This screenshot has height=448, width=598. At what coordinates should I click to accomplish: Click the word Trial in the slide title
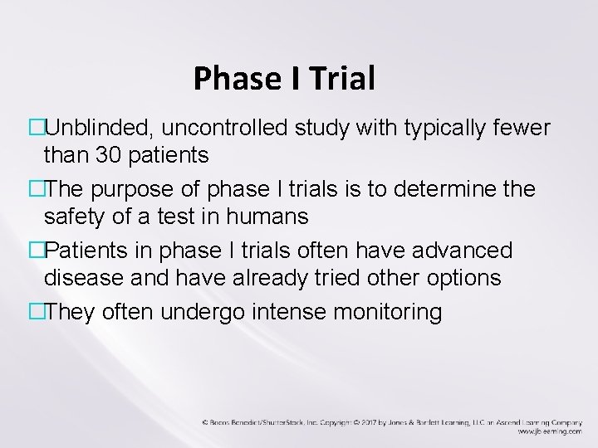coord(343,79)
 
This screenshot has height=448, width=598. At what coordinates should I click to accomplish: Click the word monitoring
coord(399,313)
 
